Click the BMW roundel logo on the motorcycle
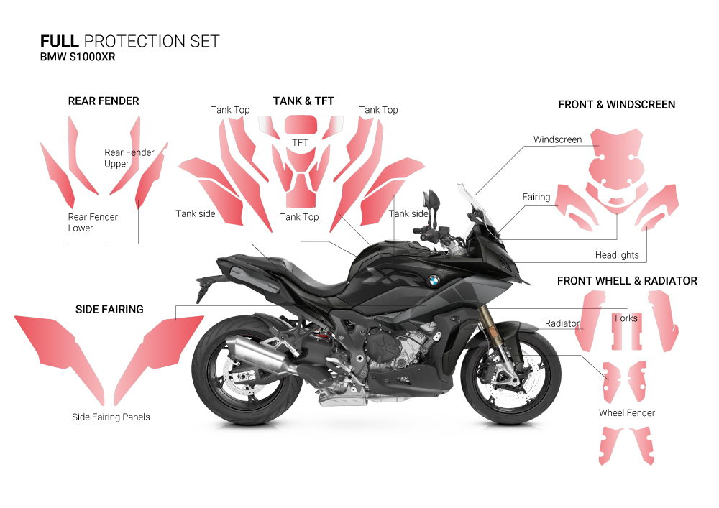coord(433,280)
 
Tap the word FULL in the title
coord(59,41)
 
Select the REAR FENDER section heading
coord(104,101)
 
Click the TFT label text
coord(300,143)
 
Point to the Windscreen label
coord(557,139)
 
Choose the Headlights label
coord(617,255)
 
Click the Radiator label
coord(562,323)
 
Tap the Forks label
coord(626,318)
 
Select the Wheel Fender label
coord(627,413)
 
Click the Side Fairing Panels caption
coord(111,417)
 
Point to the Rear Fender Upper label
coord(129,158)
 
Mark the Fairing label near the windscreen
coord(536,197)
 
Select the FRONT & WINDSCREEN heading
coord(616,105)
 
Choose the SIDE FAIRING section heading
coord(109,310)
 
